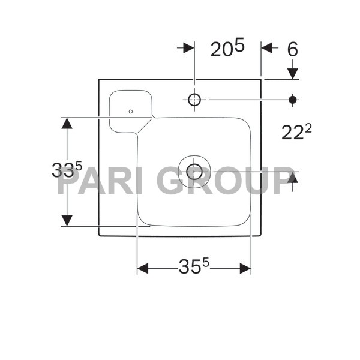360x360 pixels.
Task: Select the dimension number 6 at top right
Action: click(x=292, y=49)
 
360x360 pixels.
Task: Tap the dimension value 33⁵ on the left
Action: click(x=67, y=170)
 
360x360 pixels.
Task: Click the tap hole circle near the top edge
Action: click(x=194, y=100)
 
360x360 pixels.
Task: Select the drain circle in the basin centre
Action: click(x=194, y=172)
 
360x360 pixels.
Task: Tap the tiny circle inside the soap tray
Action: click(x=131, y=111)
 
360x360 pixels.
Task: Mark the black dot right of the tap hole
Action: click(x=293, y=100)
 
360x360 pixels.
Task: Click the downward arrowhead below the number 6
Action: click(x=292, y=73)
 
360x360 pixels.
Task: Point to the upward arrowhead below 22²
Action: click(x=292, y=178)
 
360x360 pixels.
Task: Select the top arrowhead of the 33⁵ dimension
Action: click(x=67, y=124)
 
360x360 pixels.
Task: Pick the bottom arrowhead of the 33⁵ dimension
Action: click(x=67, y=220)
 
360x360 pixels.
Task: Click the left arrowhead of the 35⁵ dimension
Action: click(x=143, y=269)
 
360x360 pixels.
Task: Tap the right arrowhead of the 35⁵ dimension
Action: click(x=245, y=269)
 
